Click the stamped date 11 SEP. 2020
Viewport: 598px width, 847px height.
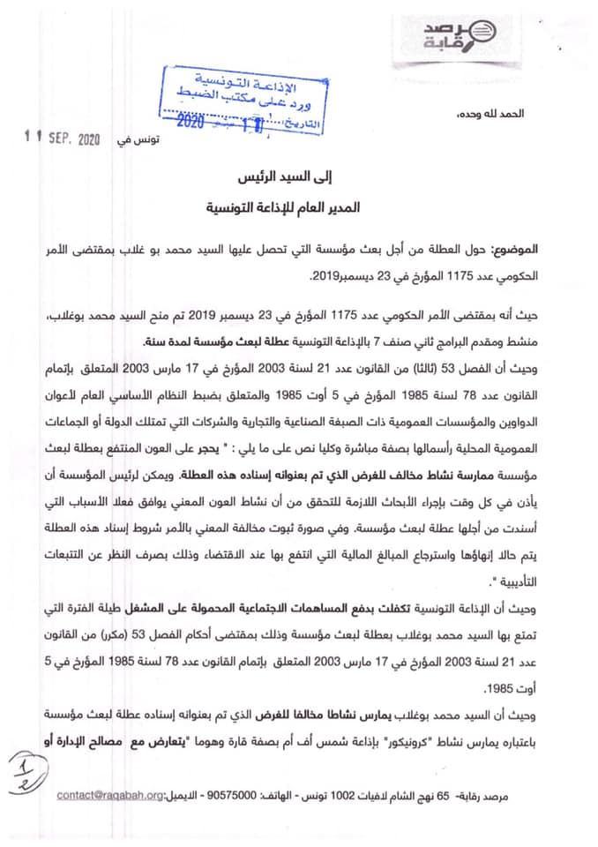pyautogui.click(x=64, y=139)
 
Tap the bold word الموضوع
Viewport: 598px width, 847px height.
pyautogui.click(x=537, y=252)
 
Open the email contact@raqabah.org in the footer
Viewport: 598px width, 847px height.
pyautogui.click(x=110, y=795)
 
